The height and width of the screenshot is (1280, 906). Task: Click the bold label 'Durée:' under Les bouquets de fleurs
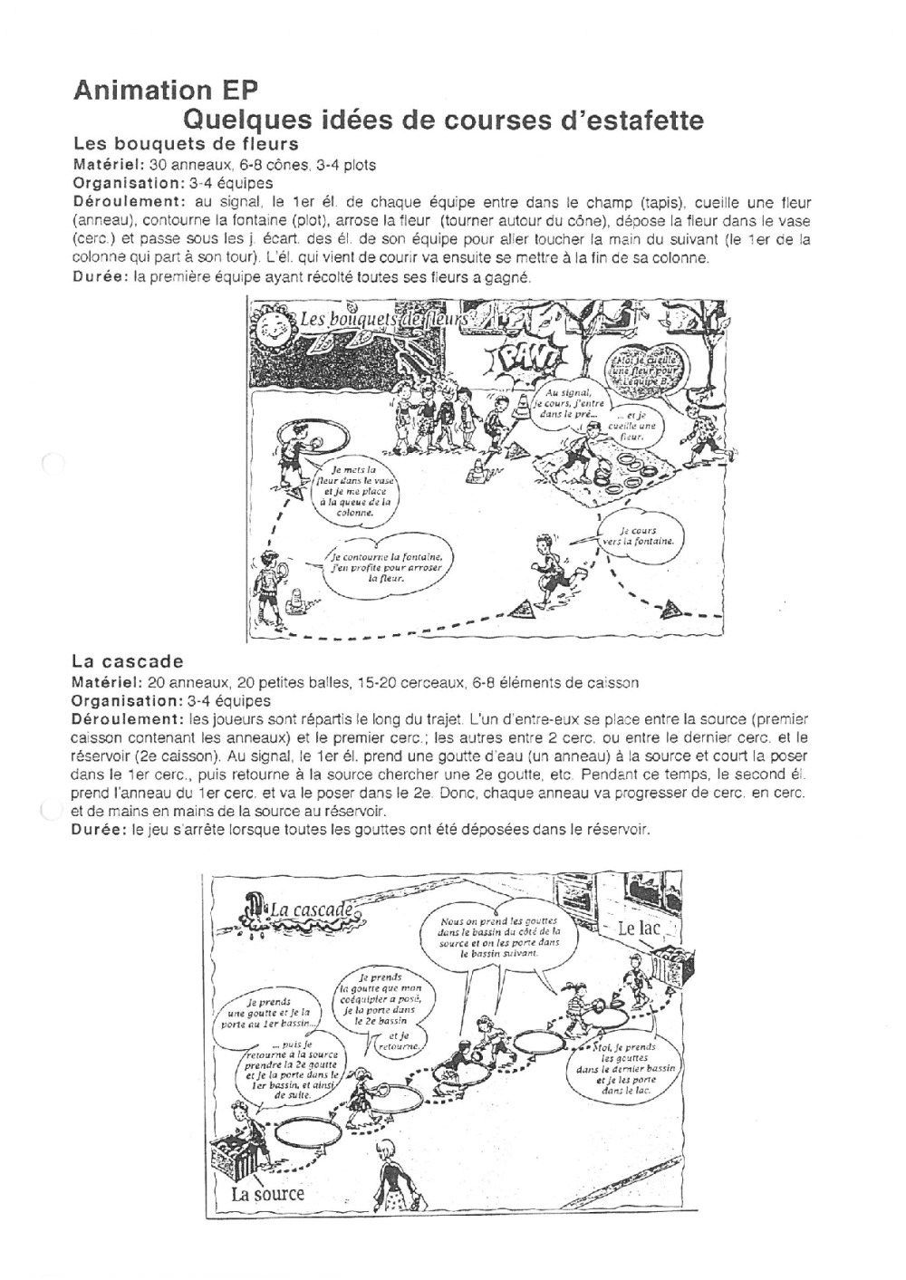click(x=101, y=277)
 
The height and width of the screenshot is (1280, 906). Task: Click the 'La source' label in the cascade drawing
click(x=267, y=1193)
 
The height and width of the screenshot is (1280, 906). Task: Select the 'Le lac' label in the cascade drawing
click(x=639, y=929)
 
